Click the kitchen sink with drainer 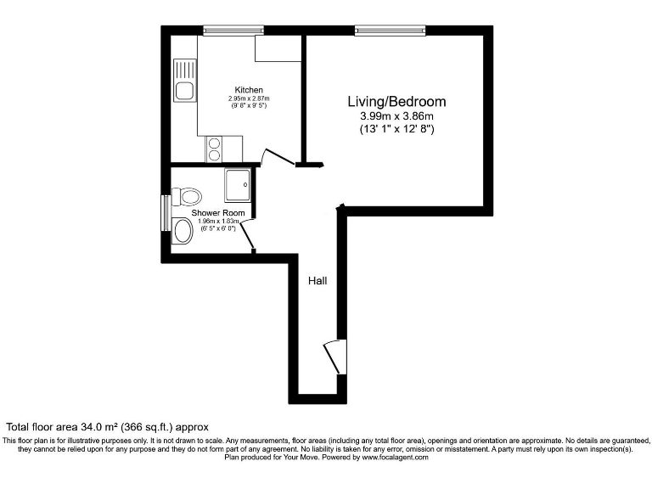(184, 81)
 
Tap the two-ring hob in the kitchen (213, 149)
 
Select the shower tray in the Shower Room (238, 181)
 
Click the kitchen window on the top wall (233, 31)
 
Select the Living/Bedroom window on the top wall (391, 31)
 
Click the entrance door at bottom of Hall (333, 357)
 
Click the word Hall (318, 280)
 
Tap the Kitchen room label (249, 90)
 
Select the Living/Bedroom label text (396, 102)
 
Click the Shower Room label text (218, 213)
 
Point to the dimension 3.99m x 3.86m (396, 116)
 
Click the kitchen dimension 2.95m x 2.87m (249, 99)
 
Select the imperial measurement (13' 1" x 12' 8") (396, 130)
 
